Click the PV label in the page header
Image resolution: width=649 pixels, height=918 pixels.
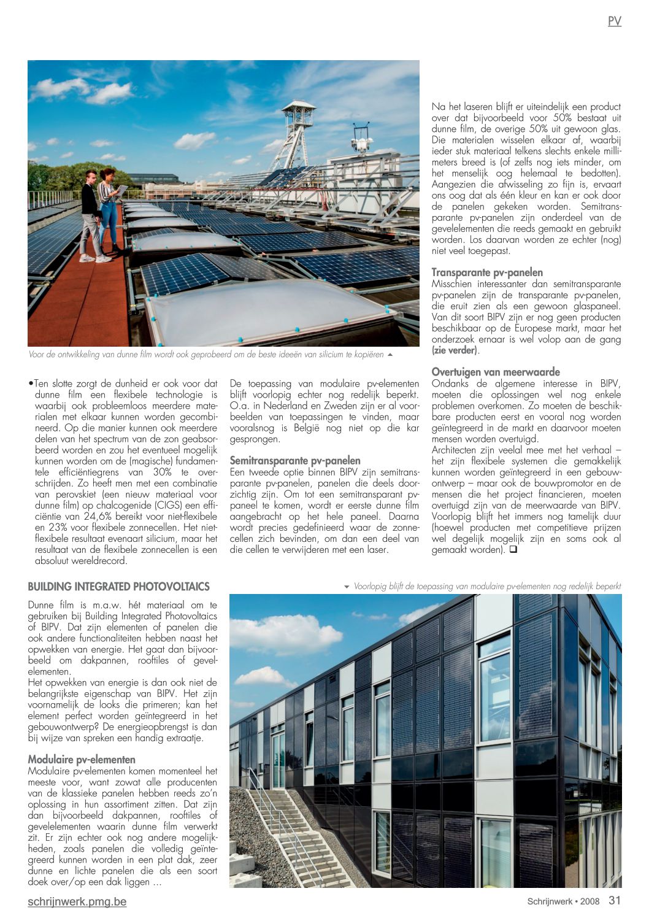(x=614, y=21)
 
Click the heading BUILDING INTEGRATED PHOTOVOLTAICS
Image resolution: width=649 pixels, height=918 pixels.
(x=119, y=587)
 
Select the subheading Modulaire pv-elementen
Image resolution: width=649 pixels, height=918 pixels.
(x=82, y=760)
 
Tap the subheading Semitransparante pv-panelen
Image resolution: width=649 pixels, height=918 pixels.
(x=295, y=460)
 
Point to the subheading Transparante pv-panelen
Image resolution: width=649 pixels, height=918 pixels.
(x=487, y=272)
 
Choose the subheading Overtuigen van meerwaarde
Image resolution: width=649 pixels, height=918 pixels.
(x=496, y=372)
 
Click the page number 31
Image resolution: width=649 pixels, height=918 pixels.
(x=615, y=900)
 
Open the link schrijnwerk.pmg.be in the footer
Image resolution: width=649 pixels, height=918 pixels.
(x=77, y=901)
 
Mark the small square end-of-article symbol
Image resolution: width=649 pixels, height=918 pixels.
(x=513, y=550)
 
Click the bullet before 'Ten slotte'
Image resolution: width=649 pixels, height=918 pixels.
(x=31, y=384)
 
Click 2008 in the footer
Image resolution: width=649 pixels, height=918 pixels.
(x=589, y=901)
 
